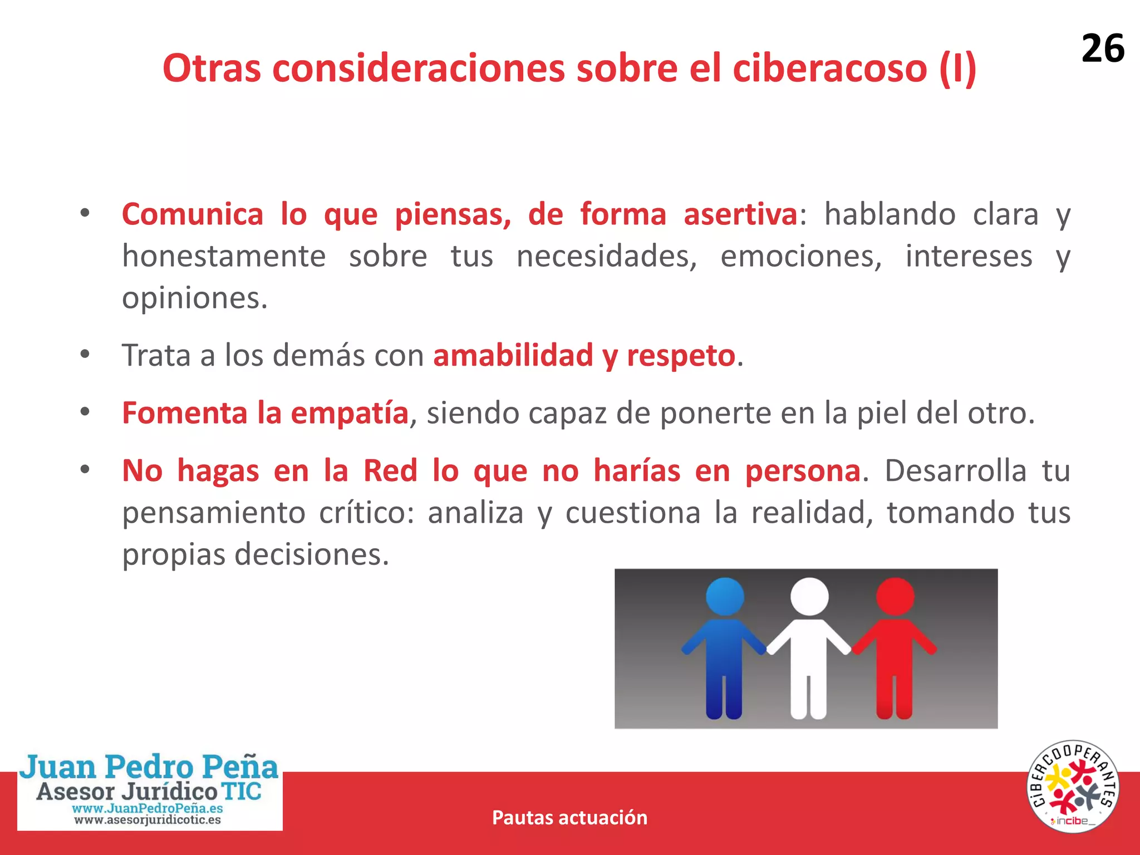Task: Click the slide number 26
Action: (1102, 49)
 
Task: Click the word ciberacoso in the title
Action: (829, 68)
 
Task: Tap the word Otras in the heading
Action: (212, 68)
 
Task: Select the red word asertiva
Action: (740, 214)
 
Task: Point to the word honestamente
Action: (224, 257)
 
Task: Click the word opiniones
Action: (195, 299)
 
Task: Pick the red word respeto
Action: (681, 356)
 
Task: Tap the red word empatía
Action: (350, 413)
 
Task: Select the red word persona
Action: (803, 471)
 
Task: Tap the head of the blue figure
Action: (725, 596)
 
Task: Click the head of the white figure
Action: (809, 596)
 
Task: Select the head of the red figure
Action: (895, 596)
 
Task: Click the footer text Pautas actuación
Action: (569, 818)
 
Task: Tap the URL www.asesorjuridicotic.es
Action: (148, 820)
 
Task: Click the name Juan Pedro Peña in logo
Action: (149, 767)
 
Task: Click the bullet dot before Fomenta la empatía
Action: (85, 412)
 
